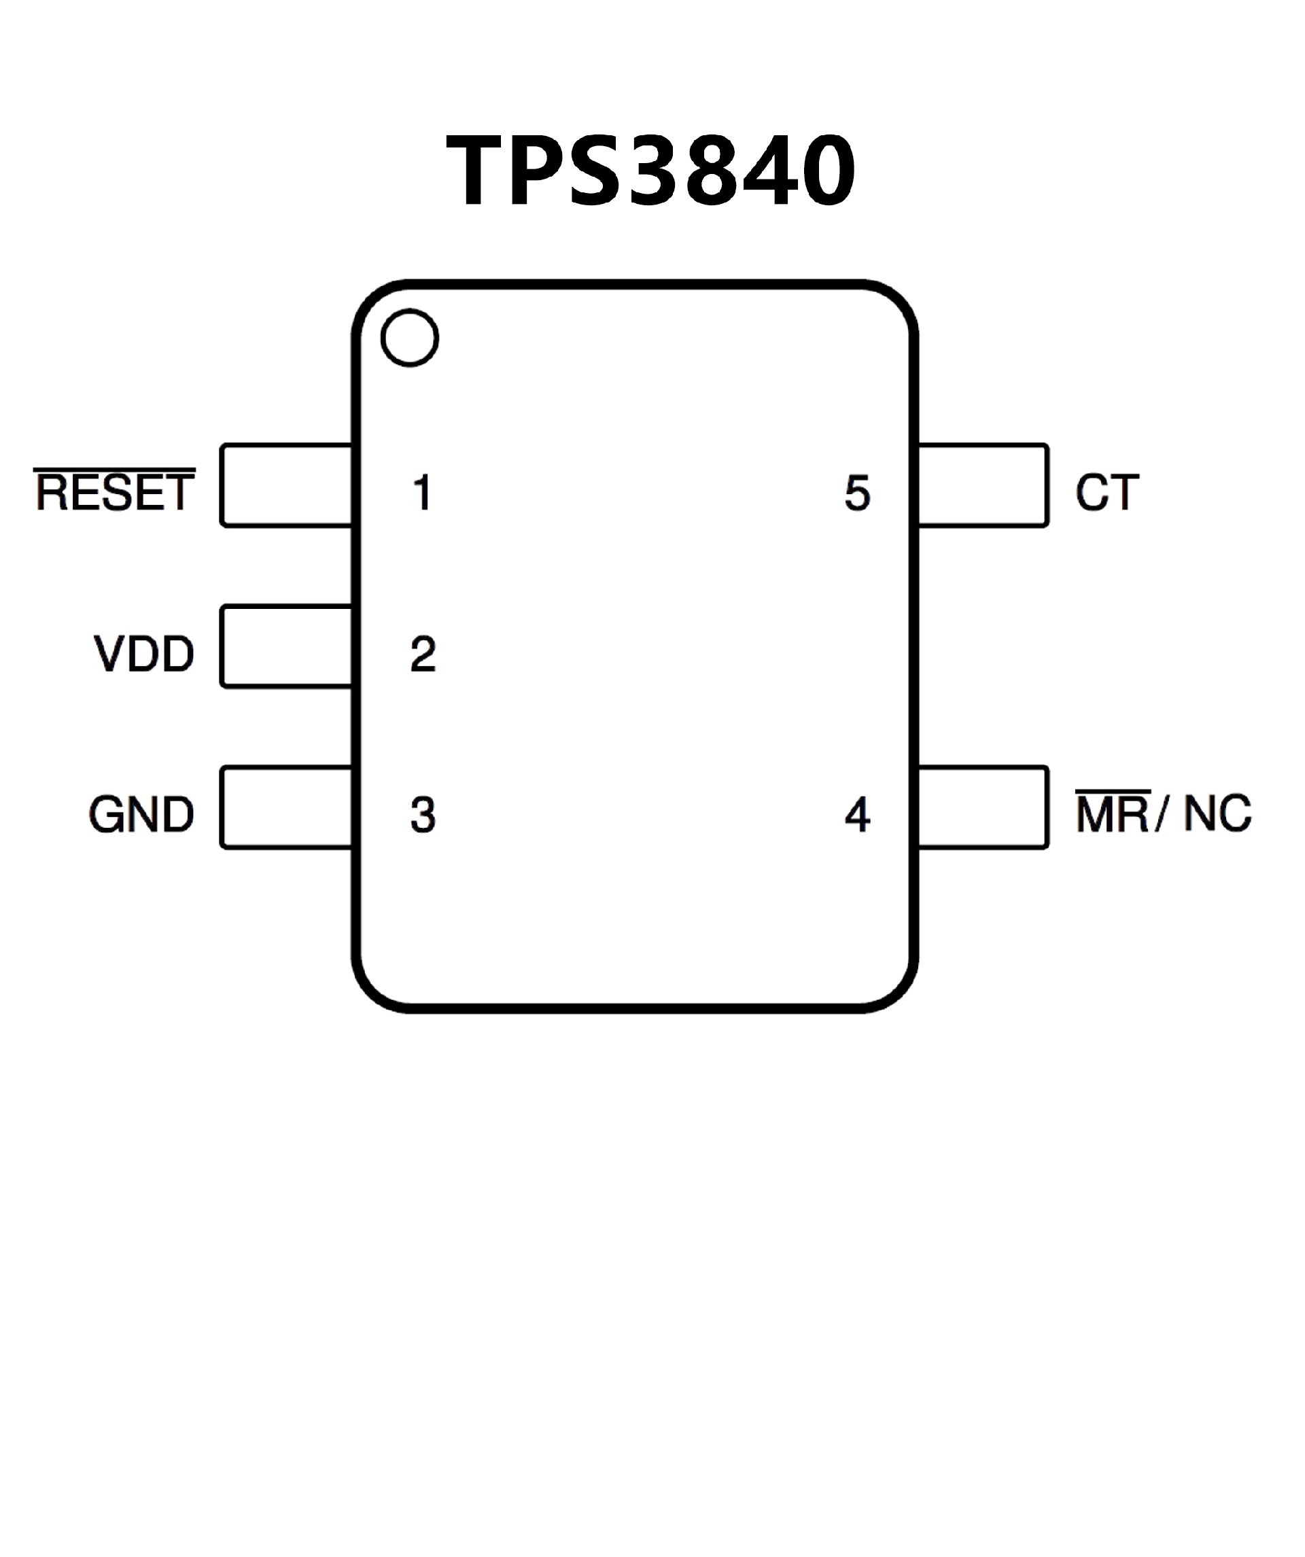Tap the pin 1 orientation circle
point(409,337)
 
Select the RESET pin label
point(115,493)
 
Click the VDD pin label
point(144,654)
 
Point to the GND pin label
point(141,815)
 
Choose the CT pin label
point(1107,493)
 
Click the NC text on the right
point(1217,814)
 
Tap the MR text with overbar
point(1112,814)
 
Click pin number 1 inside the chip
point(423,493)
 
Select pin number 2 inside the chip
point(423,654)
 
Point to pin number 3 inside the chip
point(423,815)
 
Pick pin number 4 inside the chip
point(857,815)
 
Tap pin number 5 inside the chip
point(857,493)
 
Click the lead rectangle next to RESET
point(286,486)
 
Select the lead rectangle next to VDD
point(286,646)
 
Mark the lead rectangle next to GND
point(286,807)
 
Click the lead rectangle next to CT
point(982,486)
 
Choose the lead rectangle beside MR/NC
point(982,807)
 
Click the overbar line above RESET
point(115,470)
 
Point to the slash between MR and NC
point(1160,814)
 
